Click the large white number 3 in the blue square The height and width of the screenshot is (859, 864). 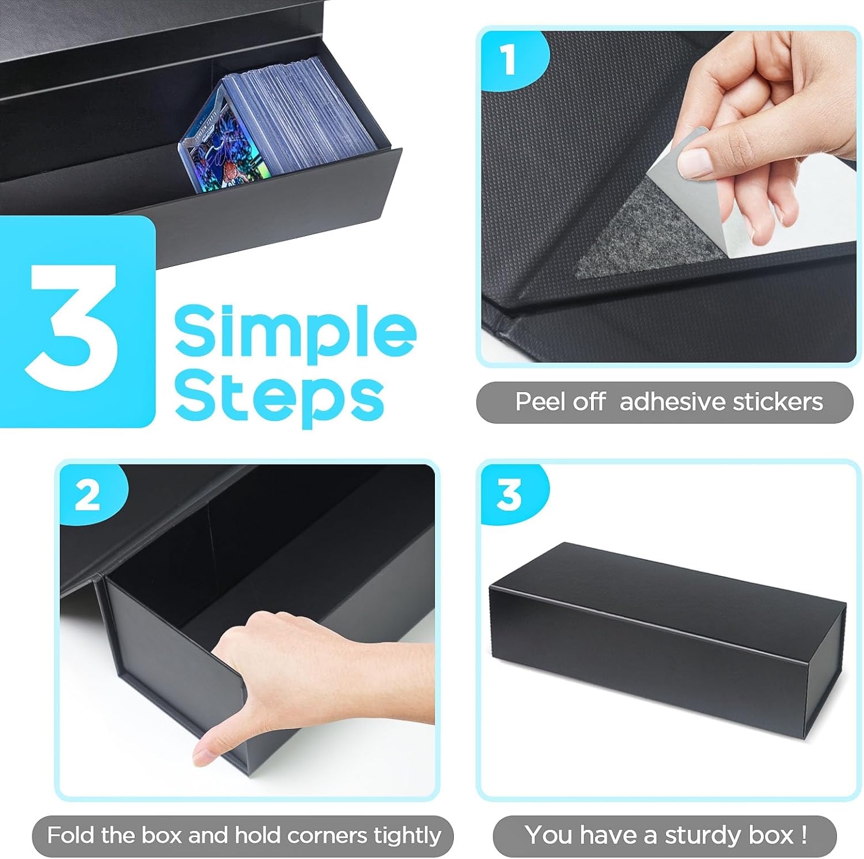pos(74,327)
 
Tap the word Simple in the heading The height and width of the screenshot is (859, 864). pos(295,333)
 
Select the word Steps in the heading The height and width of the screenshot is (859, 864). pos(279,397)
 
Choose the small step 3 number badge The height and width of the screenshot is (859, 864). pos(509,495)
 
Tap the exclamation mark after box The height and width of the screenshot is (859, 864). pos(804,835)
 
